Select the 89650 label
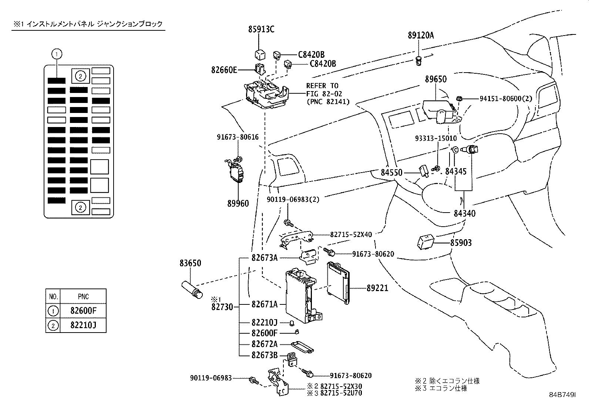pos(435,79)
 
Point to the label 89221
pos(377,288)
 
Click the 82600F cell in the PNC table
pos(83,311)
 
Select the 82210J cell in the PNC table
pos(83,326)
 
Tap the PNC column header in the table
pos(83,297)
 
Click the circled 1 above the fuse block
pos(56,54)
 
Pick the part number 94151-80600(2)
pos(506,99)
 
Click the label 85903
pos(461,243)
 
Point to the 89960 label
pos(238,203)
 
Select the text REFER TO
pos(322,86)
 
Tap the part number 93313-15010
pos(435,138)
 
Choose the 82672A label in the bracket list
pos(264,344)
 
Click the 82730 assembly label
pos(222,307)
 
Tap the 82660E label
pos(224,69)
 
